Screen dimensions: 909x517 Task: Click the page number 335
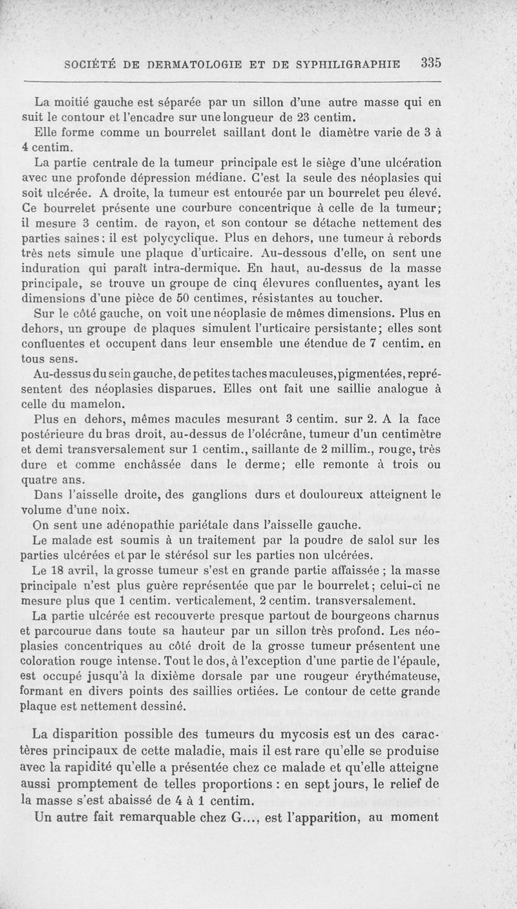point(430,63)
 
